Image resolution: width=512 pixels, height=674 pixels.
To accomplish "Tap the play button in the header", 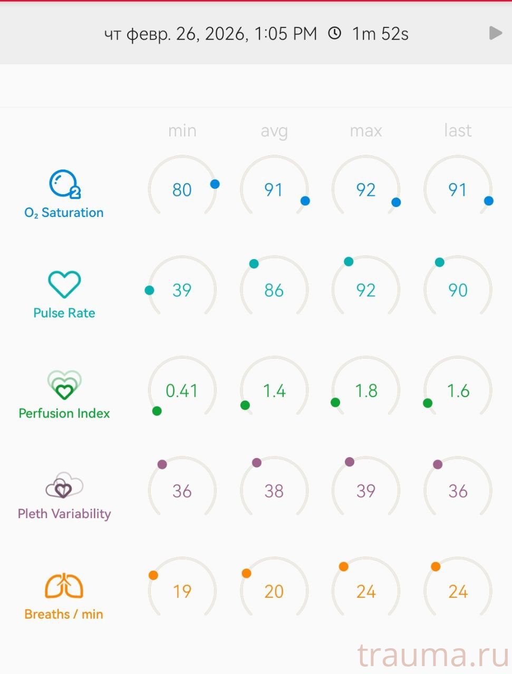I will coord(495,33).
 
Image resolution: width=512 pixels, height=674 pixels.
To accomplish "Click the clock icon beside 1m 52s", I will coord(334,34).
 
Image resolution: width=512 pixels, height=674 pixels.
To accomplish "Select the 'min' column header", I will coord(182,131).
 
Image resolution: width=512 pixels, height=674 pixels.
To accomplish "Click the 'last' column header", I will coord(458,131).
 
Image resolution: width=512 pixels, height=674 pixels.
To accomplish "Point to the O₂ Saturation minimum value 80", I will coord(182,190).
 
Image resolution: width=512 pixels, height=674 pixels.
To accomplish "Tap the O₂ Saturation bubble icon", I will coord(64,184).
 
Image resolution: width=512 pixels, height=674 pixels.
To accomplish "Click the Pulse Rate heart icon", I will coord(64,284).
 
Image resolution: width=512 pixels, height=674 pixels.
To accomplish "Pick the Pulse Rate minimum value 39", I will coord(182,290).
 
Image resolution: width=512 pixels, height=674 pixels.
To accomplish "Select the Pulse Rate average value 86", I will coord(274,290).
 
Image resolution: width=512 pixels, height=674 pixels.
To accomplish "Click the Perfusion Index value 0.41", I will coord(182,391).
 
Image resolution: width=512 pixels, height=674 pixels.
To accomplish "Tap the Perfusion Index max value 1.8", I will coord(366,391).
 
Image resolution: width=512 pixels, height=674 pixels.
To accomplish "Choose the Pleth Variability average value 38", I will coord(274,491).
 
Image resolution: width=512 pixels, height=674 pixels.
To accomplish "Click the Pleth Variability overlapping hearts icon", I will coord(64,485).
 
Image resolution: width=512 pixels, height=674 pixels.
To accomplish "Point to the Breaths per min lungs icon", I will coord(64,586).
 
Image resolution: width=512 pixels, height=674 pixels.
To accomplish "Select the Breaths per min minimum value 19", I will coord(182,591).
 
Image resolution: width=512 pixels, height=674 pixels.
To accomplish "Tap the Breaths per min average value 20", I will coord(274,591).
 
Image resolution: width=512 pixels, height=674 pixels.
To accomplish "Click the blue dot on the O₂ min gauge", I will coord(215,184).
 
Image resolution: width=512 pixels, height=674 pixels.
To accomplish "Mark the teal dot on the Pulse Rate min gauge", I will coord(149,290).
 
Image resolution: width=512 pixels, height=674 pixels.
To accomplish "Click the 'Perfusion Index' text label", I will coord(64,413).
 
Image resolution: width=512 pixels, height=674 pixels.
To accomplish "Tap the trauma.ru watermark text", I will coord(433,656).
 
